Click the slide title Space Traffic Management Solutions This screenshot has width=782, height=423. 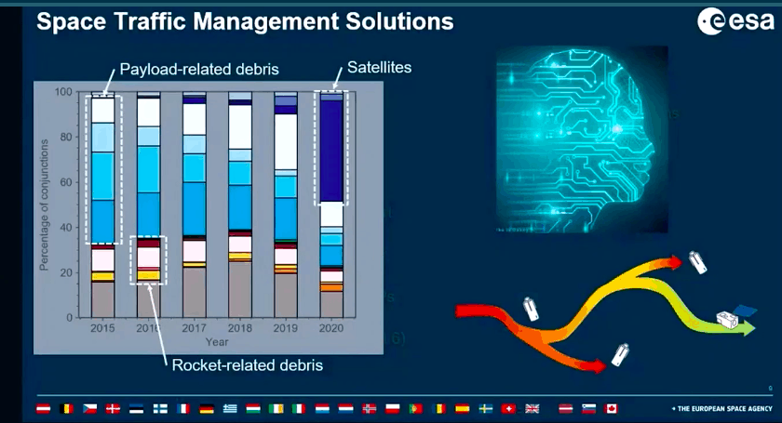click(245, 20)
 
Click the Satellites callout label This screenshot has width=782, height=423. click(379, 68)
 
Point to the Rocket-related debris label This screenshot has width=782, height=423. click(248, 364)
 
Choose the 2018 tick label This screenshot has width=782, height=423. click(240, 328)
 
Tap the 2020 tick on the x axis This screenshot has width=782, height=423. click(331, 328)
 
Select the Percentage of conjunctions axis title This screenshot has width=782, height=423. click(44, 205)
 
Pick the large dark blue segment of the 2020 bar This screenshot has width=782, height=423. click(331, 149)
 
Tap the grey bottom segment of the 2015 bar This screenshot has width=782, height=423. click(102, 299)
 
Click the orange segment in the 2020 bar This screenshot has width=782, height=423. click(331, 287)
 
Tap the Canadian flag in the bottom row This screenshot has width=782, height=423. click(612, 409)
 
